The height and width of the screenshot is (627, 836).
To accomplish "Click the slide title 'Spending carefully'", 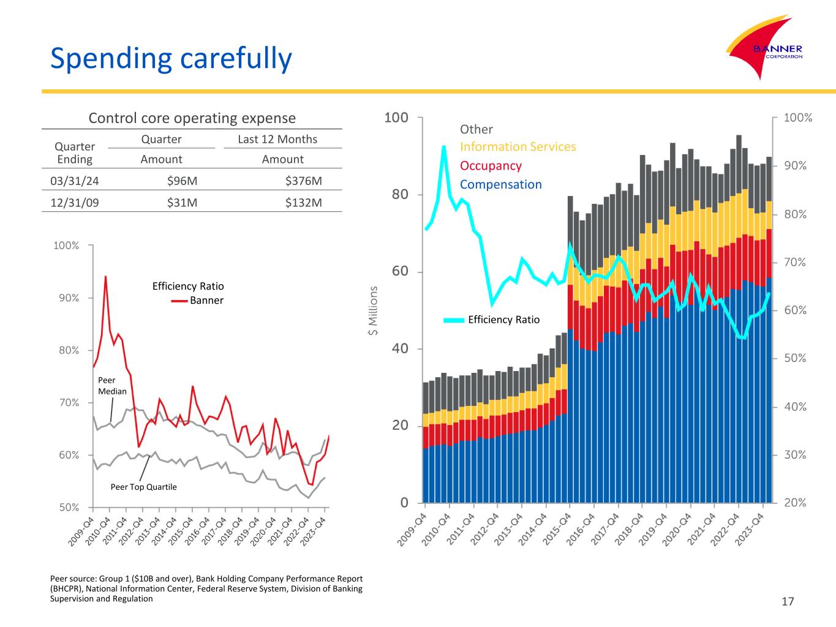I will [171, 58].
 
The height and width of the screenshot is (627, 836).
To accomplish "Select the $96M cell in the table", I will [182, 181].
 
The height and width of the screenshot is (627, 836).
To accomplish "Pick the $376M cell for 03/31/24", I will [303, 181].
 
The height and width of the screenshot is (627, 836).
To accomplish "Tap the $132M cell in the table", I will [303, 203].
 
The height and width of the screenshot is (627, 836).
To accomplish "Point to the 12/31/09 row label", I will [74, 203].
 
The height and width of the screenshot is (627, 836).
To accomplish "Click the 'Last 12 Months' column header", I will [277, 139].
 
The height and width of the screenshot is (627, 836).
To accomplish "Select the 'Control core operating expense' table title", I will [192, 118].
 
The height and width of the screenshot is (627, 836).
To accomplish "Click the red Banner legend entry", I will [198, 300].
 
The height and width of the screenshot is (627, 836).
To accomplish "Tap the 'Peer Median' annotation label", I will [112, 386].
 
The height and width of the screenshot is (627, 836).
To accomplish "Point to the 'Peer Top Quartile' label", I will [143, 487].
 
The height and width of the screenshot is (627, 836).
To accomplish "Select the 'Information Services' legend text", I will [518, 147].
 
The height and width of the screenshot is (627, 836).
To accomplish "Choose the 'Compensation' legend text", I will [500, 184].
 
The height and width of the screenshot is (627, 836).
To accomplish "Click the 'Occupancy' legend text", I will [491, 166].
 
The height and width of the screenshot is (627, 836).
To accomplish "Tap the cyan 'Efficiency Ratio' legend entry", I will [492, 320].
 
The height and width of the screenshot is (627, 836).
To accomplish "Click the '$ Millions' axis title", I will [372, 311].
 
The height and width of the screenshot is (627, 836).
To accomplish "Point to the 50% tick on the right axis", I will [796, 358].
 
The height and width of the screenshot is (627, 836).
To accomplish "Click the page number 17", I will [788, 601].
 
